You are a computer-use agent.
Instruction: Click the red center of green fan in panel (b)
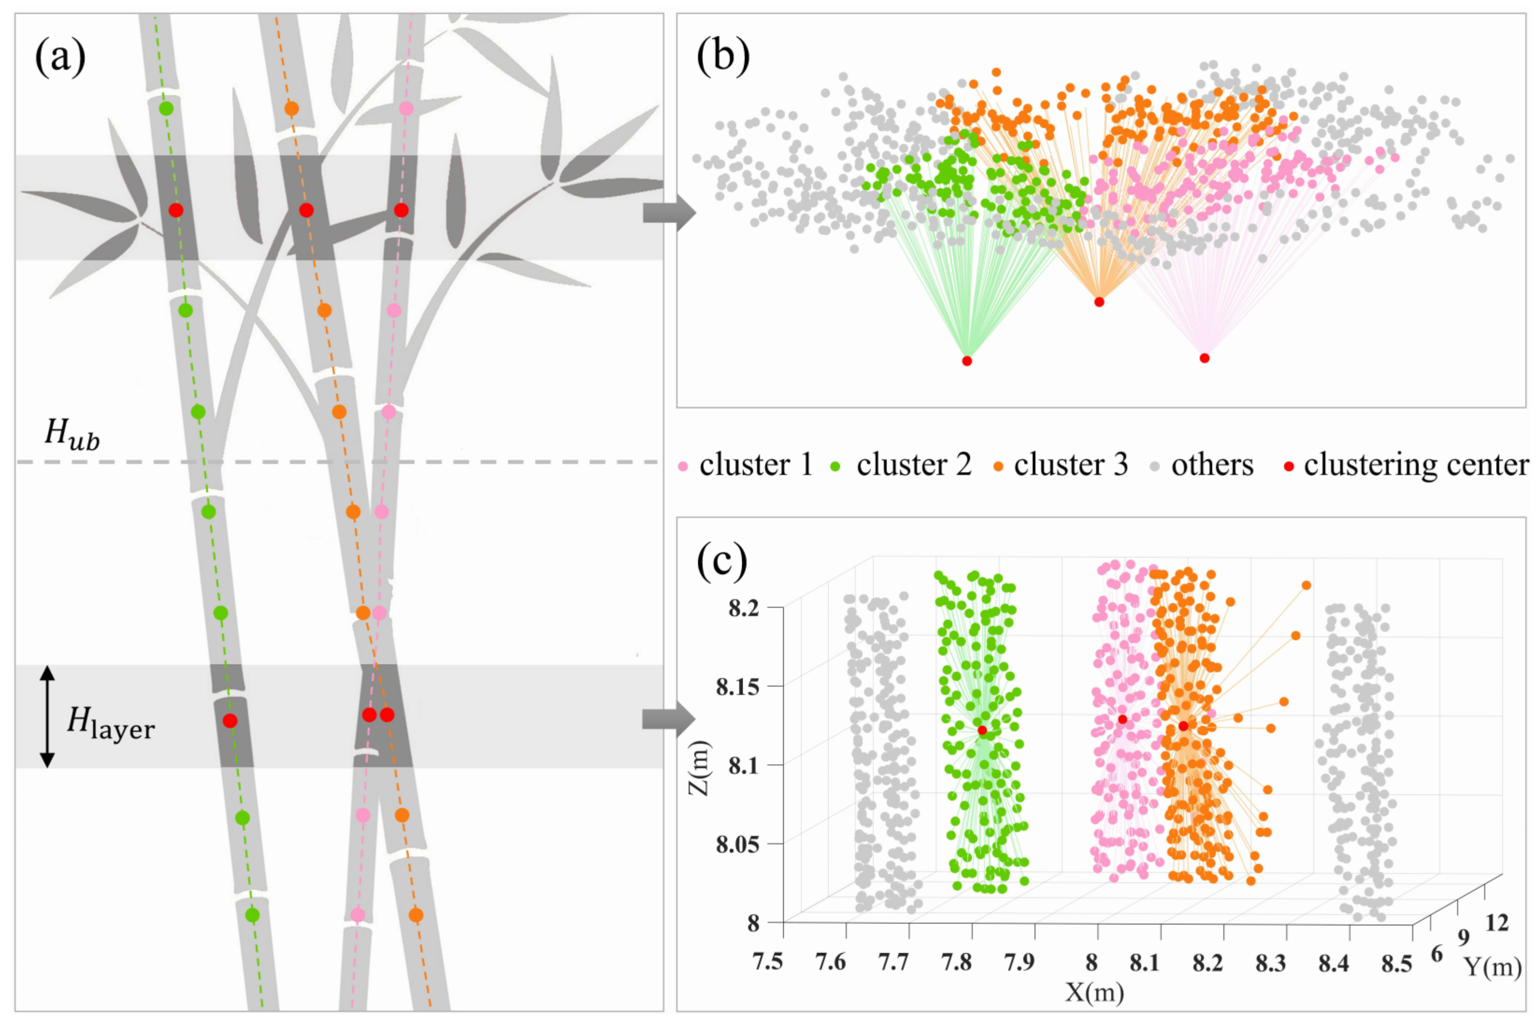click(967, 360)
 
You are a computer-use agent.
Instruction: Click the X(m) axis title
click(1095, 992)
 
